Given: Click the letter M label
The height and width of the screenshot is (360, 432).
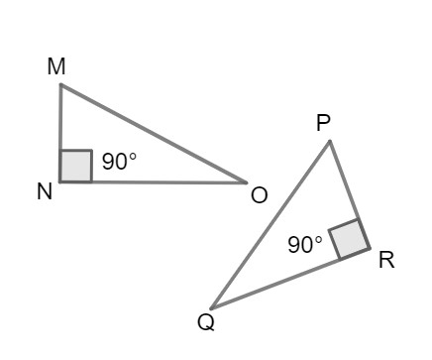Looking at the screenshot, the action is point(55,66).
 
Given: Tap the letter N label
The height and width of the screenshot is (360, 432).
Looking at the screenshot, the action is point(45,192).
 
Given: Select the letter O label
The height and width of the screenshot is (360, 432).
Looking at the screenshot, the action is point(260,195).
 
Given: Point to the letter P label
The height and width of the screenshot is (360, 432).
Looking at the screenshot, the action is point(323,122).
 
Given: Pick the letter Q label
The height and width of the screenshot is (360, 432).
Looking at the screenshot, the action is point(205,322).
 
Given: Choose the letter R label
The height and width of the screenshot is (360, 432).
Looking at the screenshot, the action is point(386,260).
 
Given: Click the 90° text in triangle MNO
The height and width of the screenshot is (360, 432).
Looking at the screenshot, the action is point(120,163).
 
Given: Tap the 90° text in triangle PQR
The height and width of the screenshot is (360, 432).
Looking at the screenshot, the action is point(305,244).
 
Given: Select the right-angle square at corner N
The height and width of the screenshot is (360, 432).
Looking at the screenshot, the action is point(75,167).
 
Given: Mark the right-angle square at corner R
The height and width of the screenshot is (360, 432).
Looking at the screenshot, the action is point(348,240).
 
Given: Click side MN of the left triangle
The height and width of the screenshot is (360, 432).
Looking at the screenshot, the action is point(60,124).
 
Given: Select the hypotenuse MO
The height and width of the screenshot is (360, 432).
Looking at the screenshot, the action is point(154,134).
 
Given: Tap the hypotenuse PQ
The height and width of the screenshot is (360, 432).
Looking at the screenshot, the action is point(270,224).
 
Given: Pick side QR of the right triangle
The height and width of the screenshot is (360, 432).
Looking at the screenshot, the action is point(287,279).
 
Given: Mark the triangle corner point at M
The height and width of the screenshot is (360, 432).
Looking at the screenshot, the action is point(60,84).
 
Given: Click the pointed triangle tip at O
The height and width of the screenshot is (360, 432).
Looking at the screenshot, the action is point(246,182).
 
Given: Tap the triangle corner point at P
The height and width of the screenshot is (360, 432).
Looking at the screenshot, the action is point(330,141).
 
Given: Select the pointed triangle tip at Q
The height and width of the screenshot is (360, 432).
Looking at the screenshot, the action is point(211,307).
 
